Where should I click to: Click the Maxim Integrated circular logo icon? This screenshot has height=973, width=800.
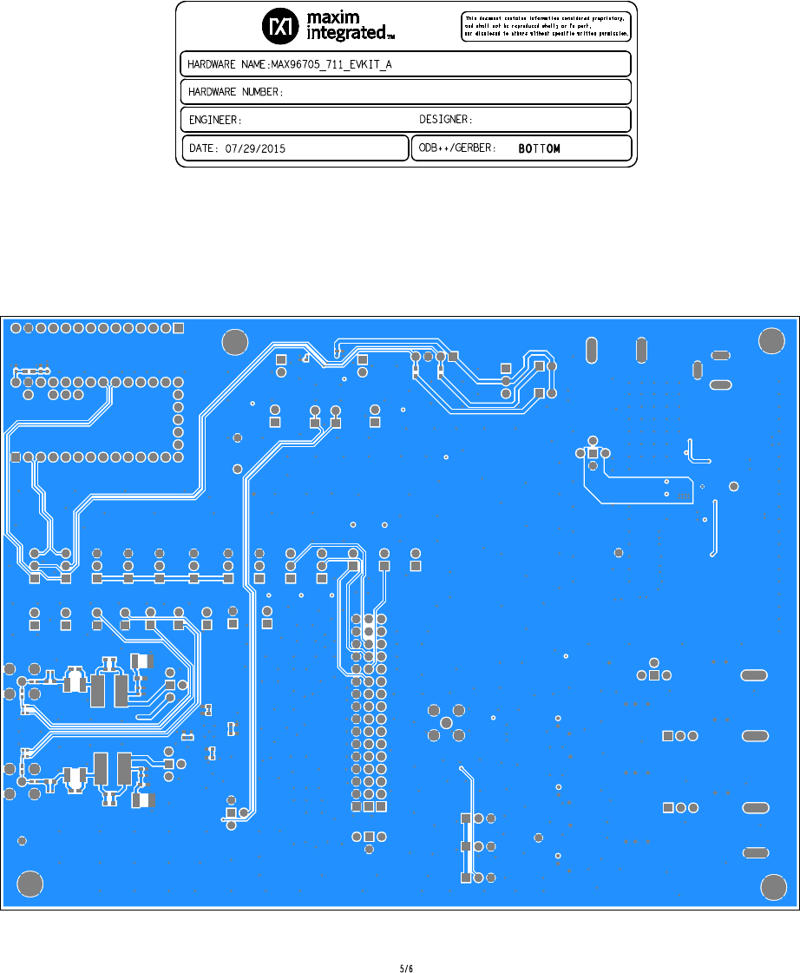point(279,27)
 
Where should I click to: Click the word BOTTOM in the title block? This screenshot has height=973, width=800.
point(539,148)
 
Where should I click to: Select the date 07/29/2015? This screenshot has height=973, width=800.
point(254,148)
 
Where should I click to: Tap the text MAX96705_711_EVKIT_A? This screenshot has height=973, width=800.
point(331,64)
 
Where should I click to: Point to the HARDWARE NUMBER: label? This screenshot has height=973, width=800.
point(236,92)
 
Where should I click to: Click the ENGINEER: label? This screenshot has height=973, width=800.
point(214,119)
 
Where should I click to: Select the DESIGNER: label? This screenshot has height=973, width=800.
point(445,119)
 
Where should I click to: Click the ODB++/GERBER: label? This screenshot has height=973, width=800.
point(457,148)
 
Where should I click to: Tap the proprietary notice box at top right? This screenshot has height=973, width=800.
point(545,26)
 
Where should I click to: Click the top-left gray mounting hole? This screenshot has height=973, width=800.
point(234,342)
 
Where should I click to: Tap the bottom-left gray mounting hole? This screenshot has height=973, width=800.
point(30,885)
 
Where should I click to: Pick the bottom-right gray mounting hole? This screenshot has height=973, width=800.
point(772,887)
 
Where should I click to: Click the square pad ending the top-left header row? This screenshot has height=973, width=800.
point(179,328)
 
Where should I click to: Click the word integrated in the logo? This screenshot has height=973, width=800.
point(347,33)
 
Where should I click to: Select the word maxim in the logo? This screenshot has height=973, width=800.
point(340,17)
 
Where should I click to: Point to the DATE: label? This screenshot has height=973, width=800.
point(205,148)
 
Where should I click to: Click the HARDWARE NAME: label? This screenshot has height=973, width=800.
point(228,64)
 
